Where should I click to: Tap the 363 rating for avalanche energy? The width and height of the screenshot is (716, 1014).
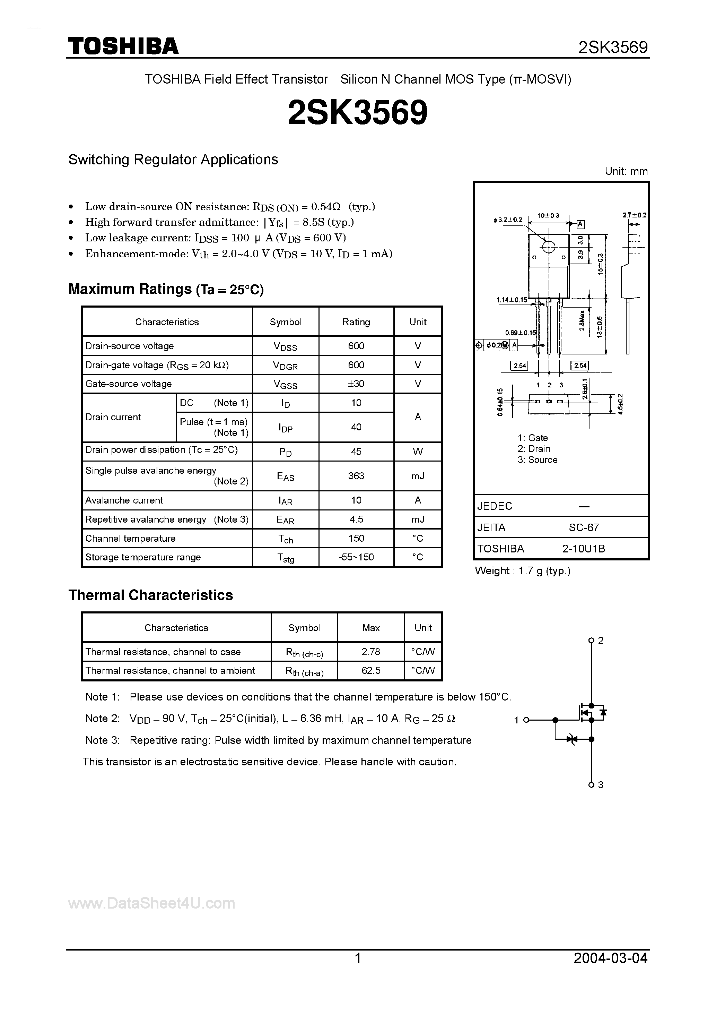click(x=356, y=476)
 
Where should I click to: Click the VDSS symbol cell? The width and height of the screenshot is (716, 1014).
click(x=285, y=346)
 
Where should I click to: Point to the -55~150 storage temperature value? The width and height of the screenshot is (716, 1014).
click(x=356, y=557)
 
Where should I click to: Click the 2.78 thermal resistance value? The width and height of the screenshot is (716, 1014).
click(x=370, y=651)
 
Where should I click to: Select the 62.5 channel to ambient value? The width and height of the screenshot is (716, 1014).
click(x=370, y=670)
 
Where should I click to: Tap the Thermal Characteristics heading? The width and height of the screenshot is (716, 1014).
click(x=150, y=595)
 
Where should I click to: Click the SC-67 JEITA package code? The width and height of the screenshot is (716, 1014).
click(x=584, y=527)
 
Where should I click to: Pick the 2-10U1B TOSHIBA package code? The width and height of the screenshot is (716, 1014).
click(x=584, y=549)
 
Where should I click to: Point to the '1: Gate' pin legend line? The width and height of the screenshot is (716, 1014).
click(x=533, y=438)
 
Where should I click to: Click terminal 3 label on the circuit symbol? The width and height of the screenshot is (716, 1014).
click(x=600, y=785)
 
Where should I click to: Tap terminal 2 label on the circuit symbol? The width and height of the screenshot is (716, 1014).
click(x=600, y=641)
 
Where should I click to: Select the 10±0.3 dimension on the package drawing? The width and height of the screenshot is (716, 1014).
click(x=548, y=215)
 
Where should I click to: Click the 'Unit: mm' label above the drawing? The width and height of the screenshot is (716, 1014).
click(x=626, y=171)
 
